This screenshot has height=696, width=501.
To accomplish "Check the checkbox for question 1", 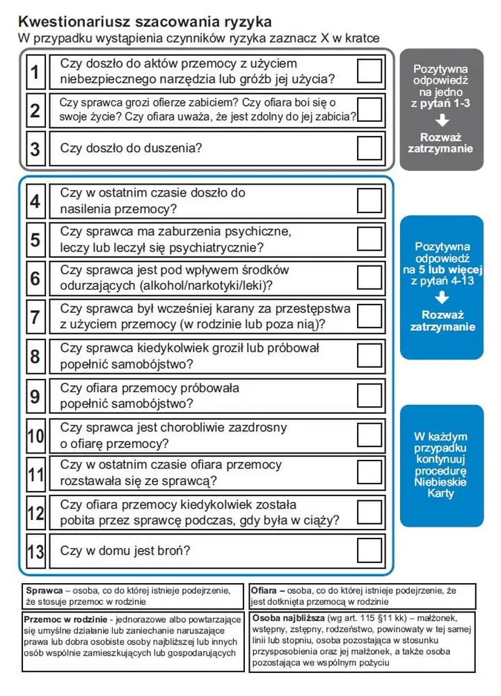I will [369, 71].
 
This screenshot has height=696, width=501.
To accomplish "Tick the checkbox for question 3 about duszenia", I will [369, 148].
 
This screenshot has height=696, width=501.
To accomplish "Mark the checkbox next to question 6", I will [369, 277].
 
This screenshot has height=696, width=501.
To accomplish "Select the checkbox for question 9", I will [369, 395].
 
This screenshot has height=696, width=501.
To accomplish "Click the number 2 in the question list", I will [35, 110].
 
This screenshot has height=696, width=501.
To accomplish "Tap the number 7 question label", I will [35, 317].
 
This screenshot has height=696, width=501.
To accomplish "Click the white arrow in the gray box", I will [441, 122].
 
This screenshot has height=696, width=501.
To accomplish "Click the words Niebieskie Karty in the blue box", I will [441, 488].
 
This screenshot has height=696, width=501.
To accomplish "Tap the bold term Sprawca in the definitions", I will [44, 590].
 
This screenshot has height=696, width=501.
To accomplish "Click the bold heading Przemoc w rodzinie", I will [64, 619].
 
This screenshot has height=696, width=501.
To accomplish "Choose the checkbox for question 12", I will [369, 512].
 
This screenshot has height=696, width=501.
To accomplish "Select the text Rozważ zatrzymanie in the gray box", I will [441, 143].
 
